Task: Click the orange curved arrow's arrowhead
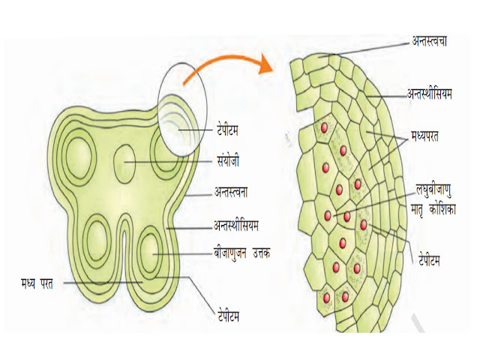[x=262, y=66]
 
